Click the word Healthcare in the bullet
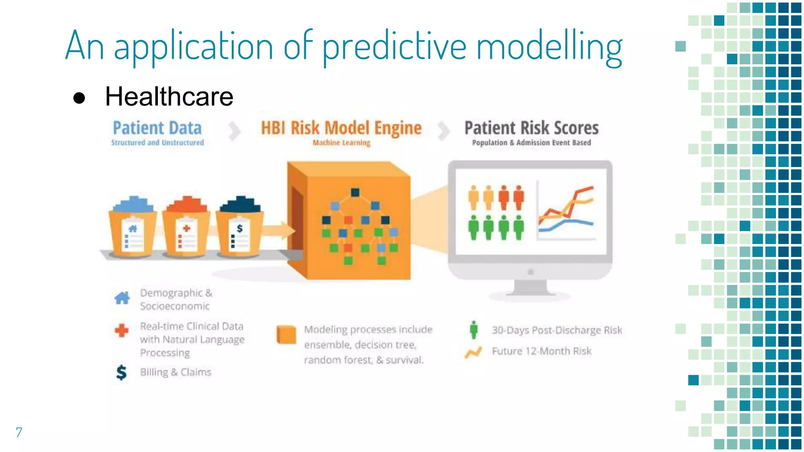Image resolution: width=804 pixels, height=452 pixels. click(169, 97)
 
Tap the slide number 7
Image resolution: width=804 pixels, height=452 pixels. click(19, 432)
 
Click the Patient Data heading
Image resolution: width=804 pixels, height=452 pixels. click(157, 128)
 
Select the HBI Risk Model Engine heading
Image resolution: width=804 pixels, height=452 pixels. click(341, 128)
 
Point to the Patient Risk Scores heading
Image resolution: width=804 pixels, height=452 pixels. click(531, 128)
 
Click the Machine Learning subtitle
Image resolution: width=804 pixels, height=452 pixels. click(341, 143)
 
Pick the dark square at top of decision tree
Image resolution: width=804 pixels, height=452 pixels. click(355, 192)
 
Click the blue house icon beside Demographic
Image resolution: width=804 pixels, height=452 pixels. click(122, 298)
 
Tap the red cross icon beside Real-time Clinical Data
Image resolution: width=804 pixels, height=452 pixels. click(122, 330)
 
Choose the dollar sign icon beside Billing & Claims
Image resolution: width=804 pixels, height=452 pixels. click(121, 372)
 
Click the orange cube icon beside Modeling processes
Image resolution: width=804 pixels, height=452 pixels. click(286, 335)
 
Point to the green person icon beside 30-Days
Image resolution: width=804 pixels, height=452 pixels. click(474, 330)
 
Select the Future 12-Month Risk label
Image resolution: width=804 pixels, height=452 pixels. click(541, 351)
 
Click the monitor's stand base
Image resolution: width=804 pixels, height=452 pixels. click(530, 292)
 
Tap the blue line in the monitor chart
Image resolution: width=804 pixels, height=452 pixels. click(573, 222)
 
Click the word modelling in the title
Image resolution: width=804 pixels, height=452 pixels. click(549, 47)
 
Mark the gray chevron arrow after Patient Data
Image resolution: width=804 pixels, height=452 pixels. click(234, 131)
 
